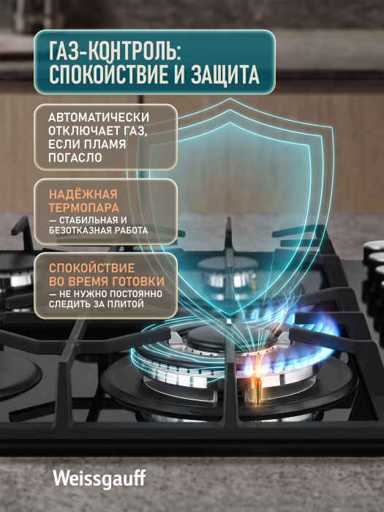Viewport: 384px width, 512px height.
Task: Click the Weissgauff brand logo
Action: pos(99,479)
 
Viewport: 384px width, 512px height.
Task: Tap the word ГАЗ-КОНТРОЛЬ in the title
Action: pos(115,52)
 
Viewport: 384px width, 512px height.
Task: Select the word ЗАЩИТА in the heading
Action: pos(225,74)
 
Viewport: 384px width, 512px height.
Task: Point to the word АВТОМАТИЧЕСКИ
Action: pos(99,117)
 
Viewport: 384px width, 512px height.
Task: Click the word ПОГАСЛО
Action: pos(75,158)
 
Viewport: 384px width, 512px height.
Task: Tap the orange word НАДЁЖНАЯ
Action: pos(83,195)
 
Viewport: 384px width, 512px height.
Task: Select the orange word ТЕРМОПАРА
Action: pos(84,208)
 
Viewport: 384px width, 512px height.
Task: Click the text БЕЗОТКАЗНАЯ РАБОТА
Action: pos(98,230)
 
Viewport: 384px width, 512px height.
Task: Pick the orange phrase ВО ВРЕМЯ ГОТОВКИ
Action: pos(107,282)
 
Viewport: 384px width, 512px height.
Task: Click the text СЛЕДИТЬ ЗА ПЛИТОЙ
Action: pos(97,304)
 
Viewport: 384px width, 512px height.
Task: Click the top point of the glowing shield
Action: pos(230,99)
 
